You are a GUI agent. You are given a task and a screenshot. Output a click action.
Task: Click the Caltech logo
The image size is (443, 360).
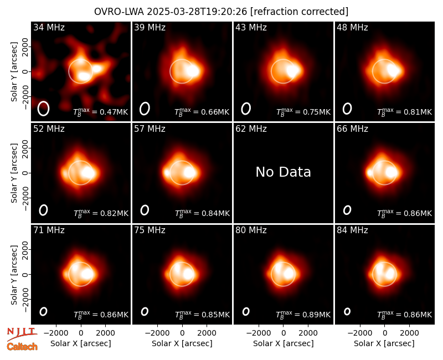pyautogui.click(x=22, y=347)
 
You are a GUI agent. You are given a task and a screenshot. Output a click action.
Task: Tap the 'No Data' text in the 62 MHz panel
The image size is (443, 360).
pyautogui.click(x=283, y=172)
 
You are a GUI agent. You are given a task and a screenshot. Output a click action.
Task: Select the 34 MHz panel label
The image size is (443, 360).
pyautogui.click(x=49, y=27)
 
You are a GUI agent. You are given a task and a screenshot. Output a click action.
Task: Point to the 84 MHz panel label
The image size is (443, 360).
pyautogui.click(x=352, y=230)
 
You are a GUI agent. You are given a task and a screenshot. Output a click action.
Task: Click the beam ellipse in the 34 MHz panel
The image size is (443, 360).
pyautogui.click(x=44, y=109)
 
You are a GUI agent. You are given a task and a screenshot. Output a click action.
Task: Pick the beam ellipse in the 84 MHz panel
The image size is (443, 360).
pyautogui.click(x=347, y=311)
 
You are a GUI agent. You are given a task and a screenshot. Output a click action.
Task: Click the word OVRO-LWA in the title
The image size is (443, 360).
pyautogui.click(x=119, y=12)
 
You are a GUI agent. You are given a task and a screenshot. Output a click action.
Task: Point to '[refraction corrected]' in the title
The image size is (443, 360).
pyautogui.click(x=299, y=12)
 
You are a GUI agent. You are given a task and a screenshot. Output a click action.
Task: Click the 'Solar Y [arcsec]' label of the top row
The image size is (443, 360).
pyautogui.click(x=14, y=72)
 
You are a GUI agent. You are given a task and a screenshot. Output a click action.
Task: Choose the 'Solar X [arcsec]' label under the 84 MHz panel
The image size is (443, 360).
pyautogui.click(x=384, y=343)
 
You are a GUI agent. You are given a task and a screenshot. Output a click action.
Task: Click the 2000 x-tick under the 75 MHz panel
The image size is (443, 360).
pyautogui.click(x=207, y=333)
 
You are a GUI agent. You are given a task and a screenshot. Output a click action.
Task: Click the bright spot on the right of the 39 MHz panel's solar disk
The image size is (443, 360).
pyautogui.click(x=193, y=71)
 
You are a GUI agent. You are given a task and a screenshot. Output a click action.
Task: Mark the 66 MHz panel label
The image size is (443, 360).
pyautogui.click(x=352, y=129)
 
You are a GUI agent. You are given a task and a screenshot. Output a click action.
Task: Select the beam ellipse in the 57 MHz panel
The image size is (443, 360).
pyautogui.click(x=145, y=210)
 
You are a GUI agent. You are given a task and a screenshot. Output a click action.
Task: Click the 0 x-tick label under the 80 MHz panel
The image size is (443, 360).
pyautogui.click(x=284, y=333)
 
